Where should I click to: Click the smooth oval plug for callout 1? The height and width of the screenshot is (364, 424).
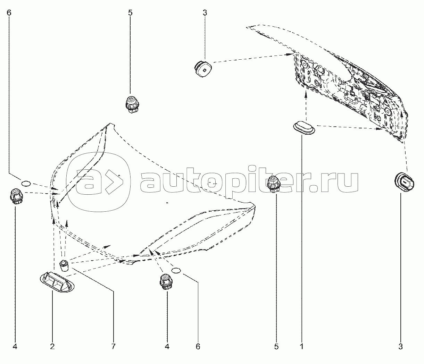pos(304,128)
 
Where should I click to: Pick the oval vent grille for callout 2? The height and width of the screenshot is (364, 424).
pos(57,282)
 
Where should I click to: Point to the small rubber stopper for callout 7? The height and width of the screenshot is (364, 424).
pos(64,265)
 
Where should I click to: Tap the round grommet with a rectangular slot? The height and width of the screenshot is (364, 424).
pos(404,182)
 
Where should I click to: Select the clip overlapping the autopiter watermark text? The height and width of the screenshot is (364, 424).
pos(273,184)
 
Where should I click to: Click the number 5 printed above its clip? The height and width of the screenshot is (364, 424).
pos(130,13)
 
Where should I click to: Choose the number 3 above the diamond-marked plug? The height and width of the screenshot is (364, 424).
pos(205,13)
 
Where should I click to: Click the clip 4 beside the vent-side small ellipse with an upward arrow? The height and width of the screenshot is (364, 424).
pos(166,281)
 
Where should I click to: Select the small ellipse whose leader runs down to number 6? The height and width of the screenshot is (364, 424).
pos(176,271)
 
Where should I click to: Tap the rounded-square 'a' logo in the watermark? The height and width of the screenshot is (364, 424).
pos(99,182)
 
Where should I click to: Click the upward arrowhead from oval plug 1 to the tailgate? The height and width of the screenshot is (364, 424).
pos(306,95)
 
